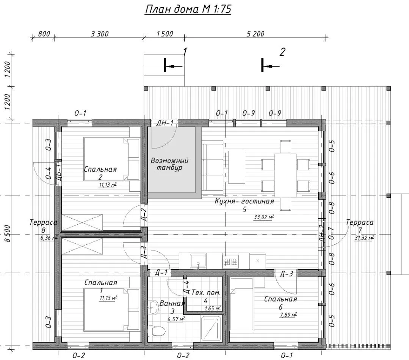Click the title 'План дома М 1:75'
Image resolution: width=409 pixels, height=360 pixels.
188,9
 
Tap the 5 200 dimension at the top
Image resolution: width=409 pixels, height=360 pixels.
255,34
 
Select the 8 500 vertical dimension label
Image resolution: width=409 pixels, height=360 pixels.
8,233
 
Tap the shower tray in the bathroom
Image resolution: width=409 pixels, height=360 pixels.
212,328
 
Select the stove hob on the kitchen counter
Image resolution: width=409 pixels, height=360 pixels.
230,261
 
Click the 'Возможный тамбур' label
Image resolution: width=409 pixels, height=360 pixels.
169,164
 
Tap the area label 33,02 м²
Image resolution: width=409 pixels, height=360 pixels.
264,217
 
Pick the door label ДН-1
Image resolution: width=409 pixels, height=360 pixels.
165,123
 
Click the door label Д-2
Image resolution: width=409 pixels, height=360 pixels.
144,215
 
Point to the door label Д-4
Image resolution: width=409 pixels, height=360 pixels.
186,287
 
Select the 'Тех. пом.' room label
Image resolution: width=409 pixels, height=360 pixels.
206,293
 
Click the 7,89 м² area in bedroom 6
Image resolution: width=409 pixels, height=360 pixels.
288,315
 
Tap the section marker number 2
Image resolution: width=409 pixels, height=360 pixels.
282,52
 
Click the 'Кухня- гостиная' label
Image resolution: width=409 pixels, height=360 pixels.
244,202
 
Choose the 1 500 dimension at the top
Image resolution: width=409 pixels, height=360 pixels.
165,34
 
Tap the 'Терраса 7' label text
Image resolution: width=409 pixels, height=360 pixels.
360,226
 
